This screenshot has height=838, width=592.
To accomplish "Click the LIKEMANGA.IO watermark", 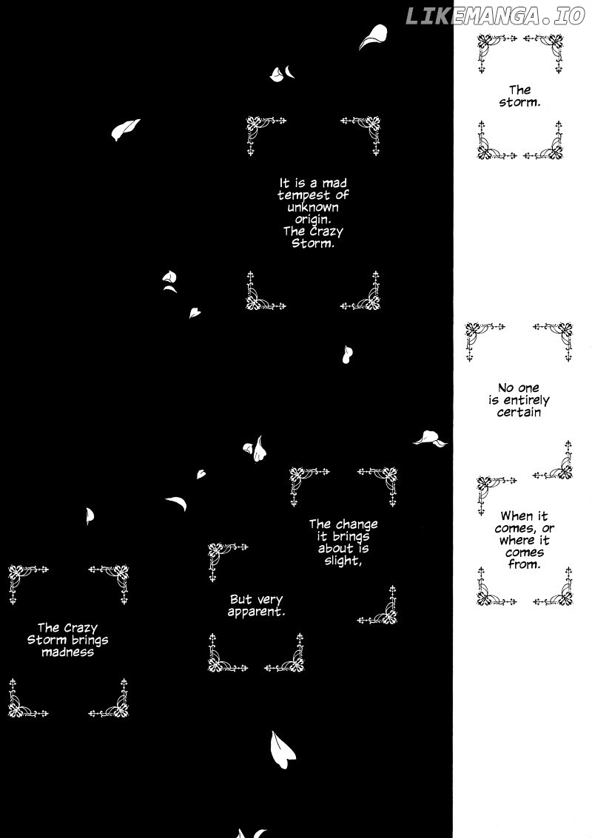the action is click(x=494, y=16).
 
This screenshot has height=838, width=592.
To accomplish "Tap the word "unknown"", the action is click(x=313, y=207).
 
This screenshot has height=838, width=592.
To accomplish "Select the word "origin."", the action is click(x=313, y=220).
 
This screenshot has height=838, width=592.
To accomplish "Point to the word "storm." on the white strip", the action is click(x=519, y=102).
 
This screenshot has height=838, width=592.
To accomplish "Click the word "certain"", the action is click(x=519, y=412).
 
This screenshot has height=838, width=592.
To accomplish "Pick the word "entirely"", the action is click(x=526, y=400).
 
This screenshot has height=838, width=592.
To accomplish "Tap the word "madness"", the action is click(x=68, y=652).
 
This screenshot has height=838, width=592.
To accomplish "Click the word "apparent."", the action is click(x=256, y=612).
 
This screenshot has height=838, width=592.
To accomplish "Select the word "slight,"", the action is click(x=343, y=561).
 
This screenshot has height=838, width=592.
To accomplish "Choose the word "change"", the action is click(x=357, y=525).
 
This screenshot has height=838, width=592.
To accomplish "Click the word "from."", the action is click(x=524, y=564).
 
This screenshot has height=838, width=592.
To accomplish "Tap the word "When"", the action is click(x=517, y=516).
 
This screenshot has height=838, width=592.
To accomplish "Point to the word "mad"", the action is click(x=334, y=183).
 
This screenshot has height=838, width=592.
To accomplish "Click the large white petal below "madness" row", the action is click(x=282, y=749).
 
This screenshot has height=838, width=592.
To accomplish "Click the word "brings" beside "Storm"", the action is click(x=87, y=641).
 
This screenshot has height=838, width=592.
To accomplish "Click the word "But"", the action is click(x=240, y=600).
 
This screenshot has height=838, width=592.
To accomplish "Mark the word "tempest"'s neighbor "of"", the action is click(x=343, y=195).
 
